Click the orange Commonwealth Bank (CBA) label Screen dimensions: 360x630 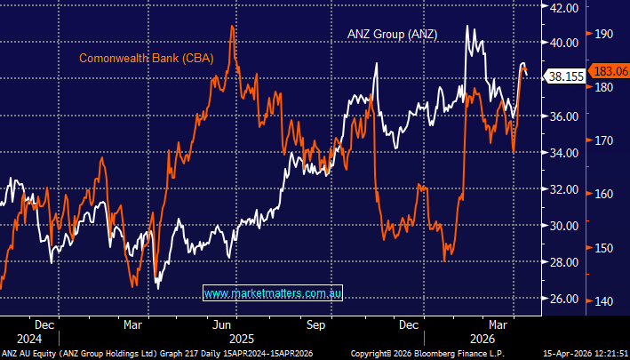(x=140, y=60)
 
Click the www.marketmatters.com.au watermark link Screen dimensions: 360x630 (x=273, y=292)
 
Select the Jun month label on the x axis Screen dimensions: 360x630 (x=221, y=325)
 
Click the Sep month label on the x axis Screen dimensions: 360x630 (x=316, y=325)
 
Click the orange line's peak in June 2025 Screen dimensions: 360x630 (x=233, y=26)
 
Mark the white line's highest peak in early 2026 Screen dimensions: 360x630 (x=467, y=26)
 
